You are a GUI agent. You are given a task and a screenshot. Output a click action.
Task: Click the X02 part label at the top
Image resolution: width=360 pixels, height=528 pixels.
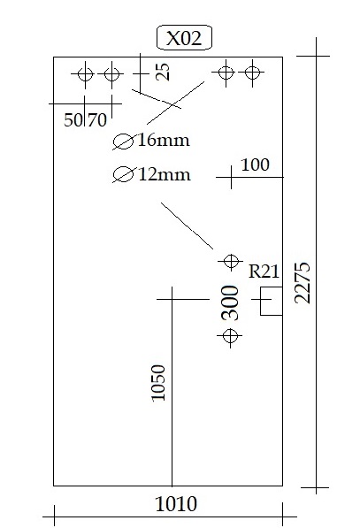coord(184,38)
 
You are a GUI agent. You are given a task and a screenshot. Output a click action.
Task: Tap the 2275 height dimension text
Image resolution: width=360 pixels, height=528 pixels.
coord(303,282)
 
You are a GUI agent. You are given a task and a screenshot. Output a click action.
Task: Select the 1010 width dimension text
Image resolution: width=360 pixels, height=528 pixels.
coord(176,504)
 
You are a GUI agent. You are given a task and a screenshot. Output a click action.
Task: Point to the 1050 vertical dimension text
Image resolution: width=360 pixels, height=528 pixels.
coord(158,383)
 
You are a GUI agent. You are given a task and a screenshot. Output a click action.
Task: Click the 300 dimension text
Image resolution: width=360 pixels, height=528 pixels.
coord(230,302)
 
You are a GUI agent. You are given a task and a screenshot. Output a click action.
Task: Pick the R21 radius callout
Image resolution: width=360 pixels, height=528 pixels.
coord(264,272)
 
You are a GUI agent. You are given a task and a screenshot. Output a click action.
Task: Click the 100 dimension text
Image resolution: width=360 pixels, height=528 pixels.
coord(256,165)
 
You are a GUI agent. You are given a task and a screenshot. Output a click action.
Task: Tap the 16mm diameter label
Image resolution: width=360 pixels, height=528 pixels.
coord(164,140)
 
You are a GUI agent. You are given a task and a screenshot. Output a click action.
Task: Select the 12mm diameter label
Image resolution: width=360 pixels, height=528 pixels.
coord(164,174)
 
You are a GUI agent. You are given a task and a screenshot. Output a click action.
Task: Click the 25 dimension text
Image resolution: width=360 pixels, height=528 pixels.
coord(163,72)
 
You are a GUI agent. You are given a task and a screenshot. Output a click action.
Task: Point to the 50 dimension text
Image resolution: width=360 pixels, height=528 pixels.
coord(73,120)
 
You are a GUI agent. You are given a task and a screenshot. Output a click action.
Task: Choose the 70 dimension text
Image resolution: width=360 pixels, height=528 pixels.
coord(97,120)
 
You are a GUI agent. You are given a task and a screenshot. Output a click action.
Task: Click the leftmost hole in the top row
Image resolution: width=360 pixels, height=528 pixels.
coord(85,74)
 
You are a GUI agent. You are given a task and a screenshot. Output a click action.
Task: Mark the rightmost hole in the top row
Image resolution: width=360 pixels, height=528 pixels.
coord(252,72)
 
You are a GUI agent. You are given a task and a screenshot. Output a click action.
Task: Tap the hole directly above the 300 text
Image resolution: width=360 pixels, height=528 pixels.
coord(231,261)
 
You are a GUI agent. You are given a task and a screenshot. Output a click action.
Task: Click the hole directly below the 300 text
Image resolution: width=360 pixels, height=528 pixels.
coord(230,336)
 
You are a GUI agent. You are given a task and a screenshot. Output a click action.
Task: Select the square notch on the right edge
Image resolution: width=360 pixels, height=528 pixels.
coord(272,301)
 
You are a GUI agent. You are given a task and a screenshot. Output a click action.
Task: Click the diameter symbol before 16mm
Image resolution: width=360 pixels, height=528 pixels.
coord(123,142)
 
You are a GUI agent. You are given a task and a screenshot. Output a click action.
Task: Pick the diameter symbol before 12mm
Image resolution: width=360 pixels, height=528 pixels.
coord(123,174)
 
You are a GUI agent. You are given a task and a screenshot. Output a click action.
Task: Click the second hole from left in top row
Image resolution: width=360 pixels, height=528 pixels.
coord(112,74)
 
